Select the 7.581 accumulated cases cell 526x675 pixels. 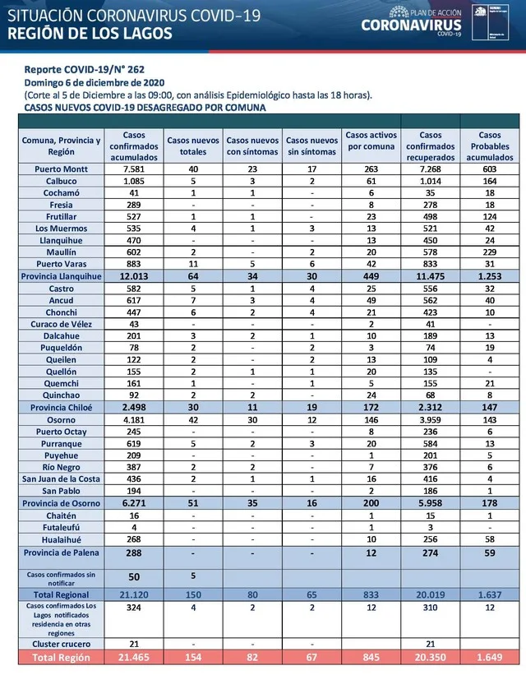(x=135, y=170)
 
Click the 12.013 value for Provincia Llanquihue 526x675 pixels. (x=135, y=277)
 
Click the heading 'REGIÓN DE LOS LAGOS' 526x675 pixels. (x=90, y=33)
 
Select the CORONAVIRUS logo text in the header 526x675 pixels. (x=412, y=25)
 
